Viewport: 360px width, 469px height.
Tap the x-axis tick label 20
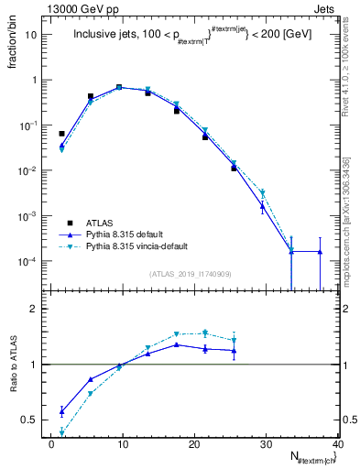point(194,444)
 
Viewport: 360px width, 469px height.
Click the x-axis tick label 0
point(51,444)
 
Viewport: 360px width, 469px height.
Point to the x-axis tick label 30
point(266,444)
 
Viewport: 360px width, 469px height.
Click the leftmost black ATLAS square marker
point(61,134)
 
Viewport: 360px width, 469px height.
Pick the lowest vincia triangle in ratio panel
point(61,432)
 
